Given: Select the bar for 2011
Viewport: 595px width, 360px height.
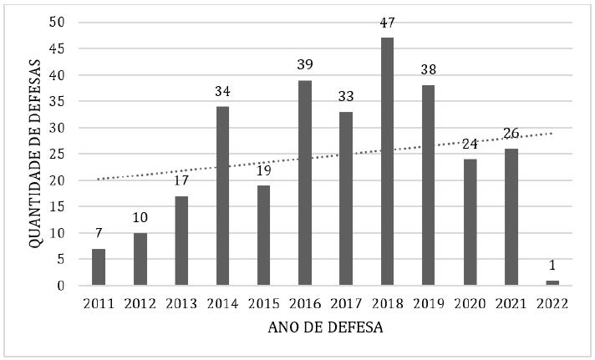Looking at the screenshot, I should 99,266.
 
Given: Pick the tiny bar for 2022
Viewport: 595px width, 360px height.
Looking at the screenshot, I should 552,283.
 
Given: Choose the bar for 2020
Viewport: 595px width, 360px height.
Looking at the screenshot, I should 470,222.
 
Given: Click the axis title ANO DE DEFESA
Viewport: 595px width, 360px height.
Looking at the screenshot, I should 326,328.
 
